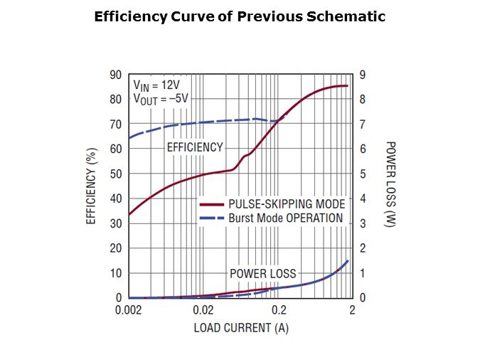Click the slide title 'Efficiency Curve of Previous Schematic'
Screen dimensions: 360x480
(240, 17)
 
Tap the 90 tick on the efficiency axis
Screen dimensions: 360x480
(115, 75)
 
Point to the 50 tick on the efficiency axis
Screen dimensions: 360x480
(115, 174)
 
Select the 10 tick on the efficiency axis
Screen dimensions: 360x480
(115, 273)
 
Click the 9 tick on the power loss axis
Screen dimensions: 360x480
(362, 75)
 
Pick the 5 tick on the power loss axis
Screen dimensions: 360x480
(362, 174)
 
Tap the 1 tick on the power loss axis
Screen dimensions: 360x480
(362, 273)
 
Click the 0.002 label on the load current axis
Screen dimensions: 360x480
(129, 310)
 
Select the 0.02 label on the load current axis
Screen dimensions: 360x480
(203, 310)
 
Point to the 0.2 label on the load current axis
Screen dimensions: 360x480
(279, 310)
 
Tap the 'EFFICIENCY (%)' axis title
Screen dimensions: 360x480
(92, 186)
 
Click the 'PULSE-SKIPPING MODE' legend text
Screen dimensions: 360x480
(287, 204)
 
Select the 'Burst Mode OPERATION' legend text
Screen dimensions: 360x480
(285, 218)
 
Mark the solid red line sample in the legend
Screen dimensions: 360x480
(212, 204)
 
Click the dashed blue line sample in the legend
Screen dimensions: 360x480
(212, 218)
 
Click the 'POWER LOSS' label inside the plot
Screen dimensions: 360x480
(262, 273)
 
